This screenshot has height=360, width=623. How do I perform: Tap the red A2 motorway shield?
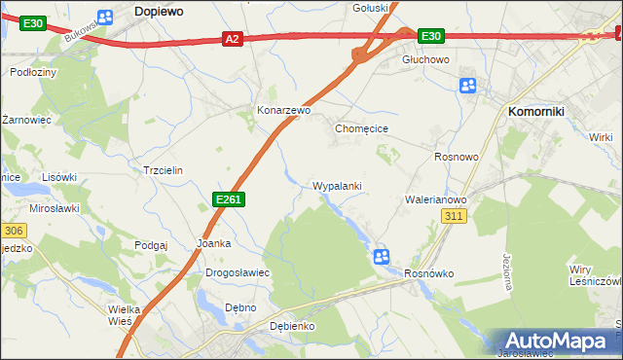coord(231,39)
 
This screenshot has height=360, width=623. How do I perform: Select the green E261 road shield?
coord(228,199)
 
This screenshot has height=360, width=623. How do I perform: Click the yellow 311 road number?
coord(454,216)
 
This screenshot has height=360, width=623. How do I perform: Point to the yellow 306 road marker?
coord(13,231)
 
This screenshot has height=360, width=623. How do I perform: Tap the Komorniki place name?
coord(537,112)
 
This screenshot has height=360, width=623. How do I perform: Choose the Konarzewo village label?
coord(283,111)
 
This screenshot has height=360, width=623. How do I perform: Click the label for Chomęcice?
coord(362,128)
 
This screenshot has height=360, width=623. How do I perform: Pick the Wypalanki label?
coord(338,185)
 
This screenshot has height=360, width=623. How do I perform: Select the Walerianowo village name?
coord(436,199)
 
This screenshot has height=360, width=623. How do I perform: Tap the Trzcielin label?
coord(164,169)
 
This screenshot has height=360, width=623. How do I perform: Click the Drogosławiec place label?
coord(237,272)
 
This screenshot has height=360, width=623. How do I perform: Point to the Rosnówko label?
coord(429,273)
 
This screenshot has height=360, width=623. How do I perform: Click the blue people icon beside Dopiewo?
coord(106,15)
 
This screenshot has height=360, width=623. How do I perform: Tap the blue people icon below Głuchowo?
coord(468,86)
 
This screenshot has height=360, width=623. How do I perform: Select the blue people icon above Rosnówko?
coord(382,256)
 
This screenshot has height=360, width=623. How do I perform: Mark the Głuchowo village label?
coord(425,59)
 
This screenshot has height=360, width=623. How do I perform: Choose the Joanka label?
coord(214,243)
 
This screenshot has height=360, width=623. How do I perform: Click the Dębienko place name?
coord(292,326)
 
